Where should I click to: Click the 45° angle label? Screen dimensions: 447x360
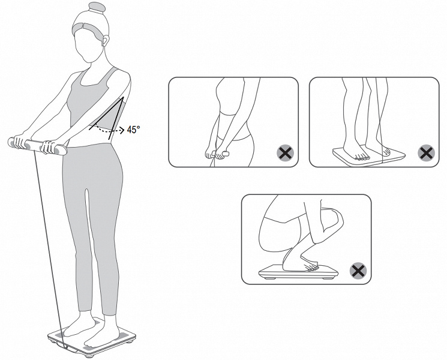[x=133, y=130]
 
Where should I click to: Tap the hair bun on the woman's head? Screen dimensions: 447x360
[x=97, y=8]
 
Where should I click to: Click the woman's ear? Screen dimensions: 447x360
[x=105, y=40]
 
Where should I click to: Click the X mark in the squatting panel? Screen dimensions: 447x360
[x=358, y=271]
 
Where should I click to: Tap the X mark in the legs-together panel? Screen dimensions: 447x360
[x=426, y=154]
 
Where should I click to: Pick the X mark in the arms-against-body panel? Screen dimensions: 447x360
[x=286, y=154]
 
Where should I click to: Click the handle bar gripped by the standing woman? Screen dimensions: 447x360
[x=37, y=146]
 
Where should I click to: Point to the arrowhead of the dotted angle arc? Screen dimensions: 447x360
[x=122, y=131]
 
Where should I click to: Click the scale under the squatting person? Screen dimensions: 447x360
[x=298, y=272]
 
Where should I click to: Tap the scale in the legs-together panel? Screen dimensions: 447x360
[x=368, y=155]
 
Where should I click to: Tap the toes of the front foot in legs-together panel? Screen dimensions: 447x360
[x=362, y=157]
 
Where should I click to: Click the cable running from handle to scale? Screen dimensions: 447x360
[x=48, y=248]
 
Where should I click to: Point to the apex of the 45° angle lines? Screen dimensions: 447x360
[x=123, y=97]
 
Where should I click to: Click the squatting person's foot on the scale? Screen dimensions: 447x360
[x=302, y=263]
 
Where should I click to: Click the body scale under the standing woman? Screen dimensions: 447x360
[x=92, y=337]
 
